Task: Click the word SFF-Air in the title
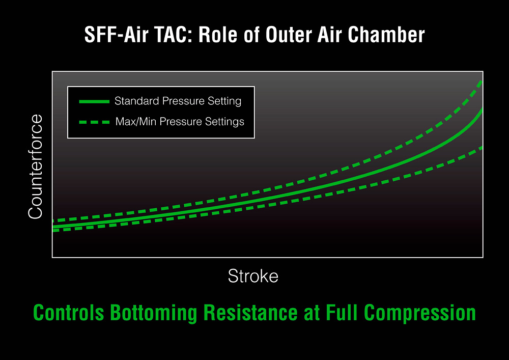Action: click(x=117, y=35)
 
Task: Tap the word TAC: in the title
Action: click(x=174, y=35)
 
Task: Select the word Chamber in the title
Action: click(x=386, y=35)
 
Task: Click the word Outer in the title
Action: click(x=288, y=35)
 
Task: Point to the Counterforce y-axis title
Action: click(x=35, y=167)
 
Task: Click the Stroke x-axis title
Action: click(x=253, y=276)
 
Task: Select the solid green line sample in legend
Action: click(x=94, y=102)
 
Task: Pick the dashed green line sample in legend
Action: click(x=94, y=122)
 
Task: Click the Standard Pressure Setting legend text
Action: click(x=178, y=101)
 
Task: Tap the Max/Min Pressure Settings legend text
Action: click(x=180, y=121)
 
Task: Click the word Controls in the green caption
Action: click(x=69, y=313)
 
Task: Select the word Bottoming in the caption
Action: click(x=154, y=313)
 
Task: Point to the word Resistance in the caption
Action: click(x=250, y=313)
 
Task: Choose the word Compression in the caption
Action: click(x=420, y=313)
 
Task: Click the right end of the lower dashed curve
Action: click(x=483, y=148)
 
